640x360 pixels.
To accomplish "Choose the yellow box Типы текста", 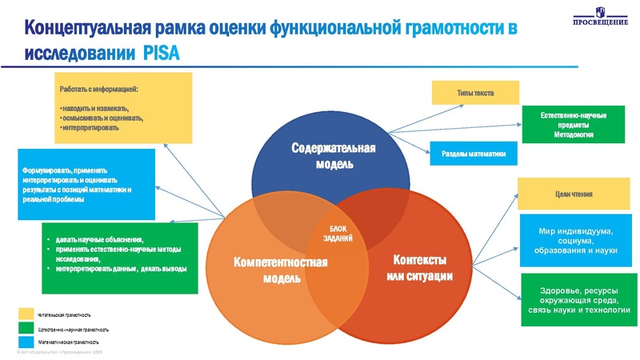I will (475, 93).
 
